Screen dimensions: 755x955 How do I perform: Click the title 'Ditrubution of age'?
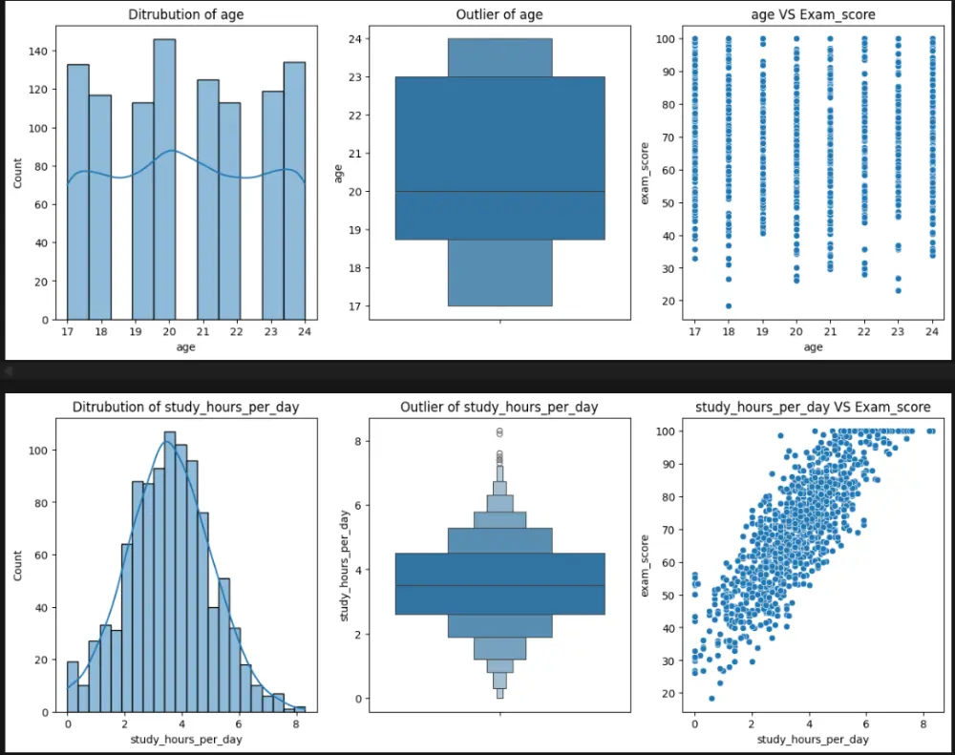(186, 14)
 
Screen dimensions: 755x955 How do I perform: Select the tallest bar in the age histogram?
(165, 181)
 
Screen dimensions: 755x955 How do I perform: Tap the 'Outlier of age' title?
(499, 14)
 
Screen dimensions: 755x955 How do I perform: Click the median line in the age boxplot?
(499, 192)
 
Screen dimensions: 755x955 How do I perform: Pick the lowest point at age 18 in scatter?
(728, 306)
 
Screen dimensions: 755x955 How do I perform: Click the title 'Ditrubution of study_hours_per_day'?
(186, 408)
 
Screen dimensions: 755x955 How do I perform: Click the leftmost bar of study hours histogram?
(73, 687)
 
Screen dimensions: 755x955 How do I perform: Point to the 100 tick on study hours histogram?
(44, 450)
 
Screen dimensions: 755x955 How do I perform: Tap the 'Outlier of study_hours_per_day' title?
(499, 408)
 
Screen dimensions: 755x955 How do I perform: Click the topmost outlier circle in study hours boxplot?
(499, 431)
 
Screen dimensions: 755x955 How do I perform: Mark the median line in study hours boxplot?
(499, 585)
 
